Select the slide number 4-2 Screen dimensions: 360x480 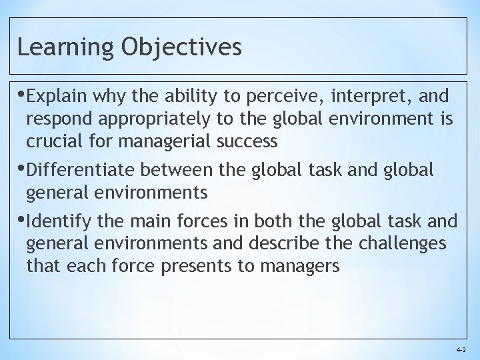click(x=461, y=349)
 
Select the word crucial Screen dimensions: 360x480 click(x=53, y=142)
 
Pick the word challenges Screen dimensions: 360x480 click(x=402, y=243)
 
